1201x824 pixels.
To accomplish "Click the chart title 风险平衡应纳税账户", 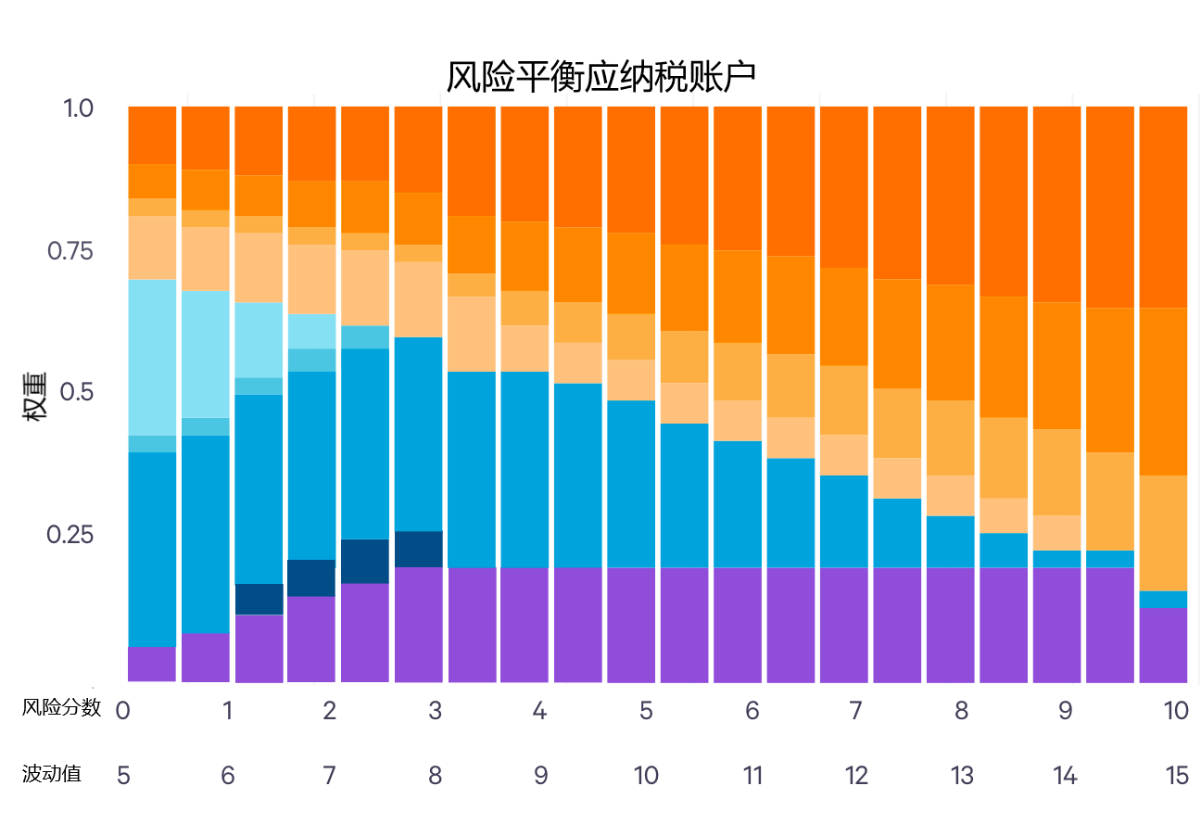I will [600, 77].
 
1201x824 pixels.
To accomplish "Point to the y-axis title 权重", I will [35, 400].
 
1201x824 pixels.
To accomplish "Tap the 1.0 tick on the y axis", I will [78, 108].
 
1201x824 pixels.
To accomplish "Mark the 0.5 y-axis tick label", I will [78, 392].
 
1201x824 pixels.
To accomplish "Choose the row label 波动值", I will [51, 774].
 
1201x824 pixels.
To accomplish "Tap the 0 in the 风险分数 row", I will [121, 711].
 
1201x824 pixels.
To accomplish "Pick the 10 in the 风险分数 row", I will [1175, 711].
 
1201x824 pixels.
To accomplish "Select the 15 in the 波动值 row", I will [1177, 776].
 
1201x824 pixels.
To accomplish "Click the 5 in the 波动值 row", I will [123, 776].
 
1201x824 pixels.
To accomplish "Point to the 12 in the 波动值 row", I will [857, 776].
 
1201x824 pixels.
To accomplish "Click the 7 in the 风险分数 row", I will [855, 711].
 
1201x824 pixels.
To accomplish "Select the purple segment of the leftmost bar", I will [152, 664].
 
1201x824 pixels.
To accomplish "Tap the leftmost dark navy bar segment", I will [259, 599].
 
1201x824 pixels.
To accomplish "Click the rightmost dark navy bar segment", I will [419, 549].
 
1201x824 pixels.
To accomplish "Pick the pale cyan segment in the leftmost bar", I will [152, 357].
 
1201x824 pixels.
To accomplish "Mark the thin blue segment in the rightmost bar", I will [1163, 599].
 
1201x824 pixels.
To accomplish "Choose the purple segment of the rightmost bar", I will [1163, 645].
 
